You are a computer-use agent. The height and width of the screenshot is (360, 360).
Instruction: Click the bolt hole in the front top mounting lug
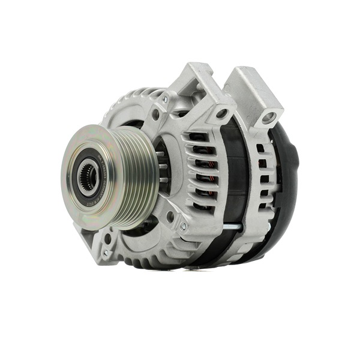pos(223,113)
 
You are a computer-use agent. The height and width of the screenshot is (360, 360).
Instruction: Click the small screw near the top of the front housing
pos(165,100)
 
